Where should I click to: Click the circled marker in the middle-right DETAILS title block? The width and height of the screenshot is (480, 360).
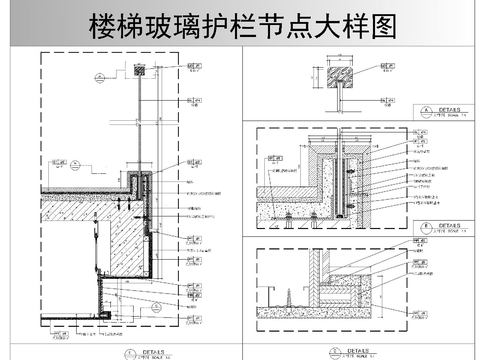click(426, 226)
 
